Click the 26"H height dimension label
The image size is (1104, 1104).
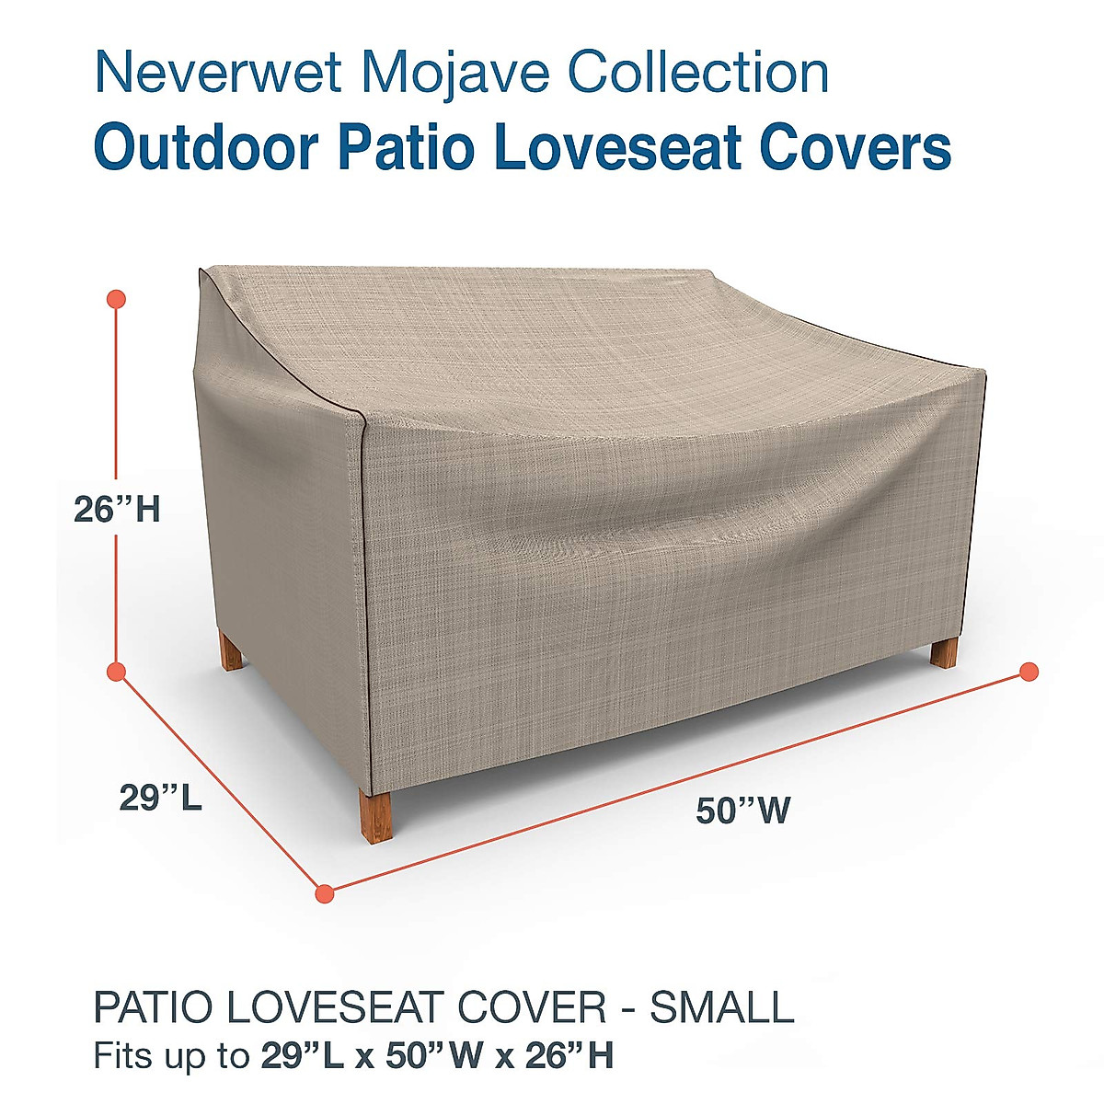click(117, 509)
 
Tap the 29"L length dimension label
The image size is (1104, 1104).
click(160, 798)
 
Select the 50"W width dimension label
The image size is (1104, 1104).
click(742, 811)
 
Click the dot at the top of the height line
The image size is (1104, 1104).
click(117, 299)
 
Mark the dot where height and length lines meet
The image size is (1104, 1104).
click(117, 673)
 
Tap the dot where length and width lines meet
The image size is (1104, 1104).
click(324, 892)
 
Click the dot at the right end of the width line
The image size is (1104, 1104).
click(1029, 671)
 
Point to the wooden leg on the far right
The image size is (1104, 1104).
click(944, 652)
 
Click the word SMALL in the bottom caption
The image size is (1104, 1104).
click(722, 1008)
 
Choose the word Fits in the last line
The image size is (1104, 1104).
click(123, 1054)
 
